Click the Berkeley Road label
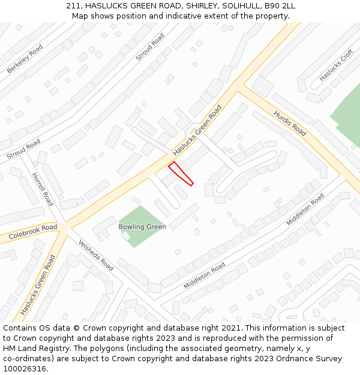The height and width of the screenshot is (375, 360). [25, 59]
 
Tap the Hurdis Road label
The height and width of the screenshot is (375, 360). [290, 123]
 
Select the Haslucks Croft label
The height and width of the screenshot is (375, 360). [336, 65]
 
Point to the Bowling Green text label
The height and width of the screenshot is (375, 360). [142, 227]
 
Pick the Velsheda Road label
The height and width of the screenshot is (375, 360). [97, 255]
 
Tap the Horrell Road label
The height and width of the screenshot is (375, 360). [42, 188]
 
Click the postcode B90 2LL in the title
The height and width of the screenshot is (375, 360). [280, 6]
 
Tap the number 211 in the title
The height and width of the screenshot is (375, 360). [73, 6]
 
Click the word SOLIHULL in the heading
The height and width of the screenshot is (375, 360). [238, 6]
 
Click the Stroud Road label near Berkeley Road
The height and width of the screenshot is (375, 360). [150, 47]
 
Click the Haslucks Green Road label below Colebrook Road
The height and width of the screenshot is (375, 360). [37, 285]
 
